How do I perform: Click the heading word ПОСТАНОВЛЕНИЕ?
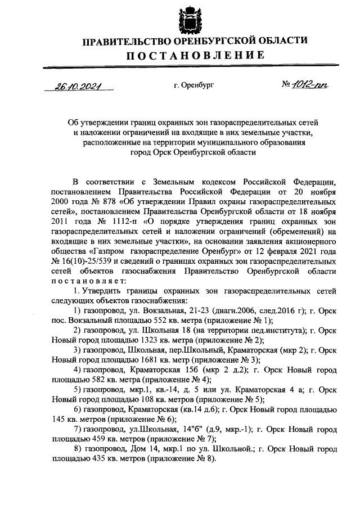[x=195, y=55]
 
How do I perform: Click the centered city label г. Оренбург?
[x=194, y=85]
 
